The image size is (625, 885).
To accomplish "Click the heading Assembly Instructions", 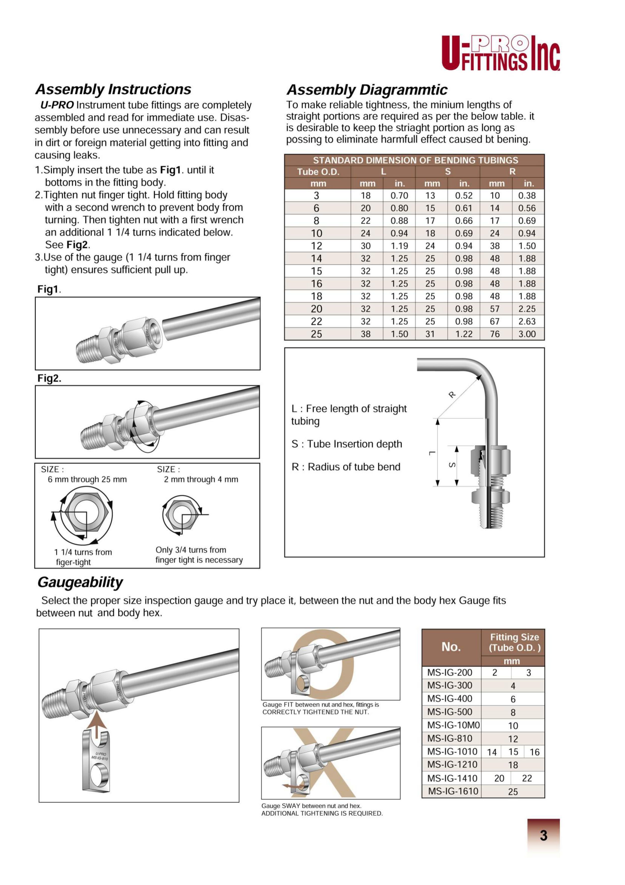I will [113, 89].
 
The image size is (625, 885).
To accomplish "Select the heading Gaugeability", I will [80, 582].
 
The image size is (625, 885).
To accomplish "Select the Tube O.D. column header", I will [318, 172].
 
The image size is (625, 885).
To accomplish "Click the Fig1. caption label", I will [49, 289].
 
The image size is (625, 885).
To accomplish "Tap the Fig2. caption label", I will [49, 378].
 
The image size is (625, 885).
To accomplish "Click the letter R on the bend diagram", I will [452, 394].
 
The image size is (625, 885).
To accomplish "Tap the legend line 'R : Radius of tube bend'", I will [346, 467].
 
